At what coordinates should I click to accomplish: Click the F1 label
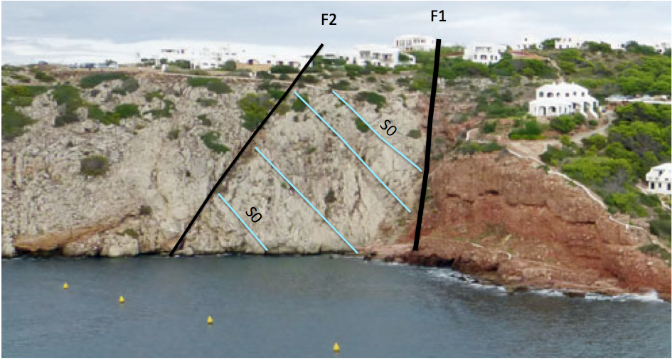pyautogui.click(x=439, y=16)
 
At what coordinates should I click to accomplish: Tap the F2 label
pyautogui.click(x=329, y=20)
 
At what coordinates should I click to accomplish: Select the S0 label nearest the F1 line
pyautogui.click(x=388, y=129)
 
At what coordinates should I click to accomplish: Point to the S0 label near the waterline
pyautogui.click(x=253, y=215)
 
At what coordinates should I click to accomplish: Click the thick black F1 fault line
pyautogui.click(x=427, y=145)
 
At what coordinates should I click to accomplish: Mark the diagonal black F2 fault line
pyautogui.click(x=247, y=149)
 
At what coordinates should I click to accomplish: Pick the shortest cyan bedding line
pyautogui.click(x=242, y=222)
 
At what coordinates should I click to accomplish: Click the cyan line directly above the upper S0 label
pyautogui.click(x=377, y=131)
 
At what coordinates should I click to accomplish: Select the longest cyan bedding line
pyautogui.click(x=352, y=152)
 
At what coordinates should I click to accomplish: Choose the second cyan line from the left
pyautogui.click(x=306, y=200)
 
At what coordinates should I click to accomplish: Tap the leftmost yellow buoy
pyautogui.click(x=65, y=285)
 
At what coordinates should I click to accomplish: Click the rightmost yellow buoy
pyautogui.click(x=336, y=347)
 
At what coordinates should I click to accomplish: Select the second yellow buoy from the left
pyautogui.click(x=122, y=299)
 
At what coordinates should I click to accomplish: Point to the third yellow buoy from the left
pyautogui.click(x=210, y=320)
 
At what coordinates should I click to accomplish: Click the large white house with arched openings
pyautogui.click(x=563, y=100)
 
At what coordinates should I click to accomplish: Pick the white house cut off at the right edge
pyautogui.click(x=659, y=178)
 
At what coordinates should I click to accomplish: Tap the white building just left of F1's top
pyautogui.click(x=415, y=43)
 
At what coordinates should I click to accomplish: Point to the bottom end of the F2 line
pyautogui.click(x=171, y=255)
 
